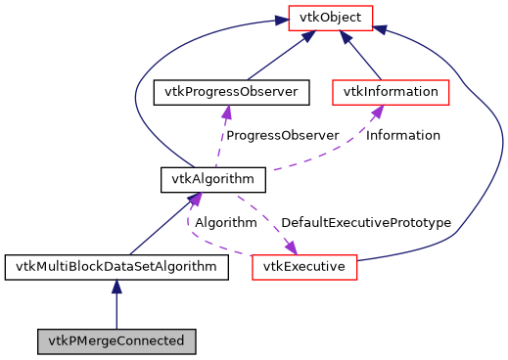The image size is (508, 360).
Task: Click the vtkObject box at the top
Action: (329, 17)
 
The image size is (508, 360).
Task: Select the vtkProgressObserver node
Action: (231, 92)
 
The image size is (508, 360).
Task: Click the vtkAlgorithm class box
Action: (213, 179)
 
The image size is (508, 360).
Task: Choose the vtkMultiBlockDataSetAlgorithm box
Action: (116, 266)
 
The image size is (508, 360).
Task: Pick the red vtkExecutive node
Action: (304, 266)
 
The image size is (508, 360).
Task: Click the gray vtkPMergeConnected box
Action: (116, 341)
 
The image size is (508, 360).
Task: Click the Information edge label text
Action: (402, 135)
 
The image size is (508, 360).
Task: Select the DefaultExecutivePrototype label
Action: (365, 223)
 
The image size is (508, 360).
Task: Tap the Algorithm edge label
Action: (225, 223)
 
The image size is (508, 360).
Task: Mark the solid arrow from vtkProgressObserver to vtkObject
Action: (275, 58)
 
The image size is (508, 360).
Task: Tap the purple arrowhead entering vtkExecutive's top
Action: (291, 245)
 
